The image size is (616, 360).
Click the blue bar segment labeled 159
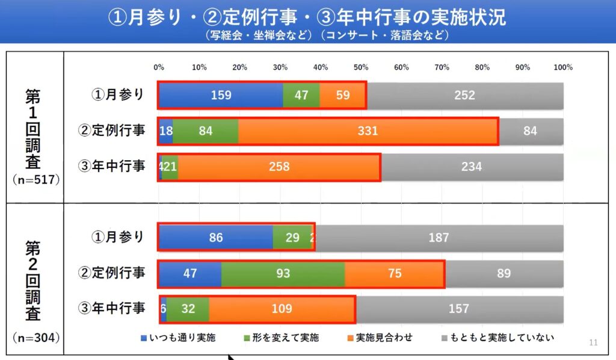[220, 95]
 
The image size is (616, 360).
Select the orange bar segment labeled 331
[368, 131]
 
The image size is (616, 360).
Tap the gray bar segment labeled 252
[464, 95]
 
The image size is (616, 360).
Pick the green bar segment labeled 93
[283, 273]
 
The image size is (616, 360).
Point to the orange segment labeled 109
[282, 309]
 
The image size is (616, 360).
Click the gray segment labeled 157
[458, 309]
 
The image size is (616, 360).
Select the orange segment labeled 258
[279, 166]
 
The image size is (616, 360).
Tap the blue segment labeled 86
[215, 238]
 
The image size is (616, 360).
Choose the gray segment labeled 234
[472, 166]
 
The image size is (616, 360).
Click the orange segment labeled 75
[395, 273]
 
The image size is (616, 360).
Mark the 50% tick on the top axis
[361, 67]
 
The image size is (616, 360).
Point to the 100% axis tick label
[563, 67]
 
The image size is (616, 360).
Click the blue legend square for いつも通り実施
[143, 338]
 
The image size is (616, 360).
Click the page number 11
[594, 343]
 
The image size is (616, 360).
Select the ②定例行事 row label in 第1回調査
[112, 130]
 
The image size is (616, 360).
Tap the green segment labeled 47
[301, 95]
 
